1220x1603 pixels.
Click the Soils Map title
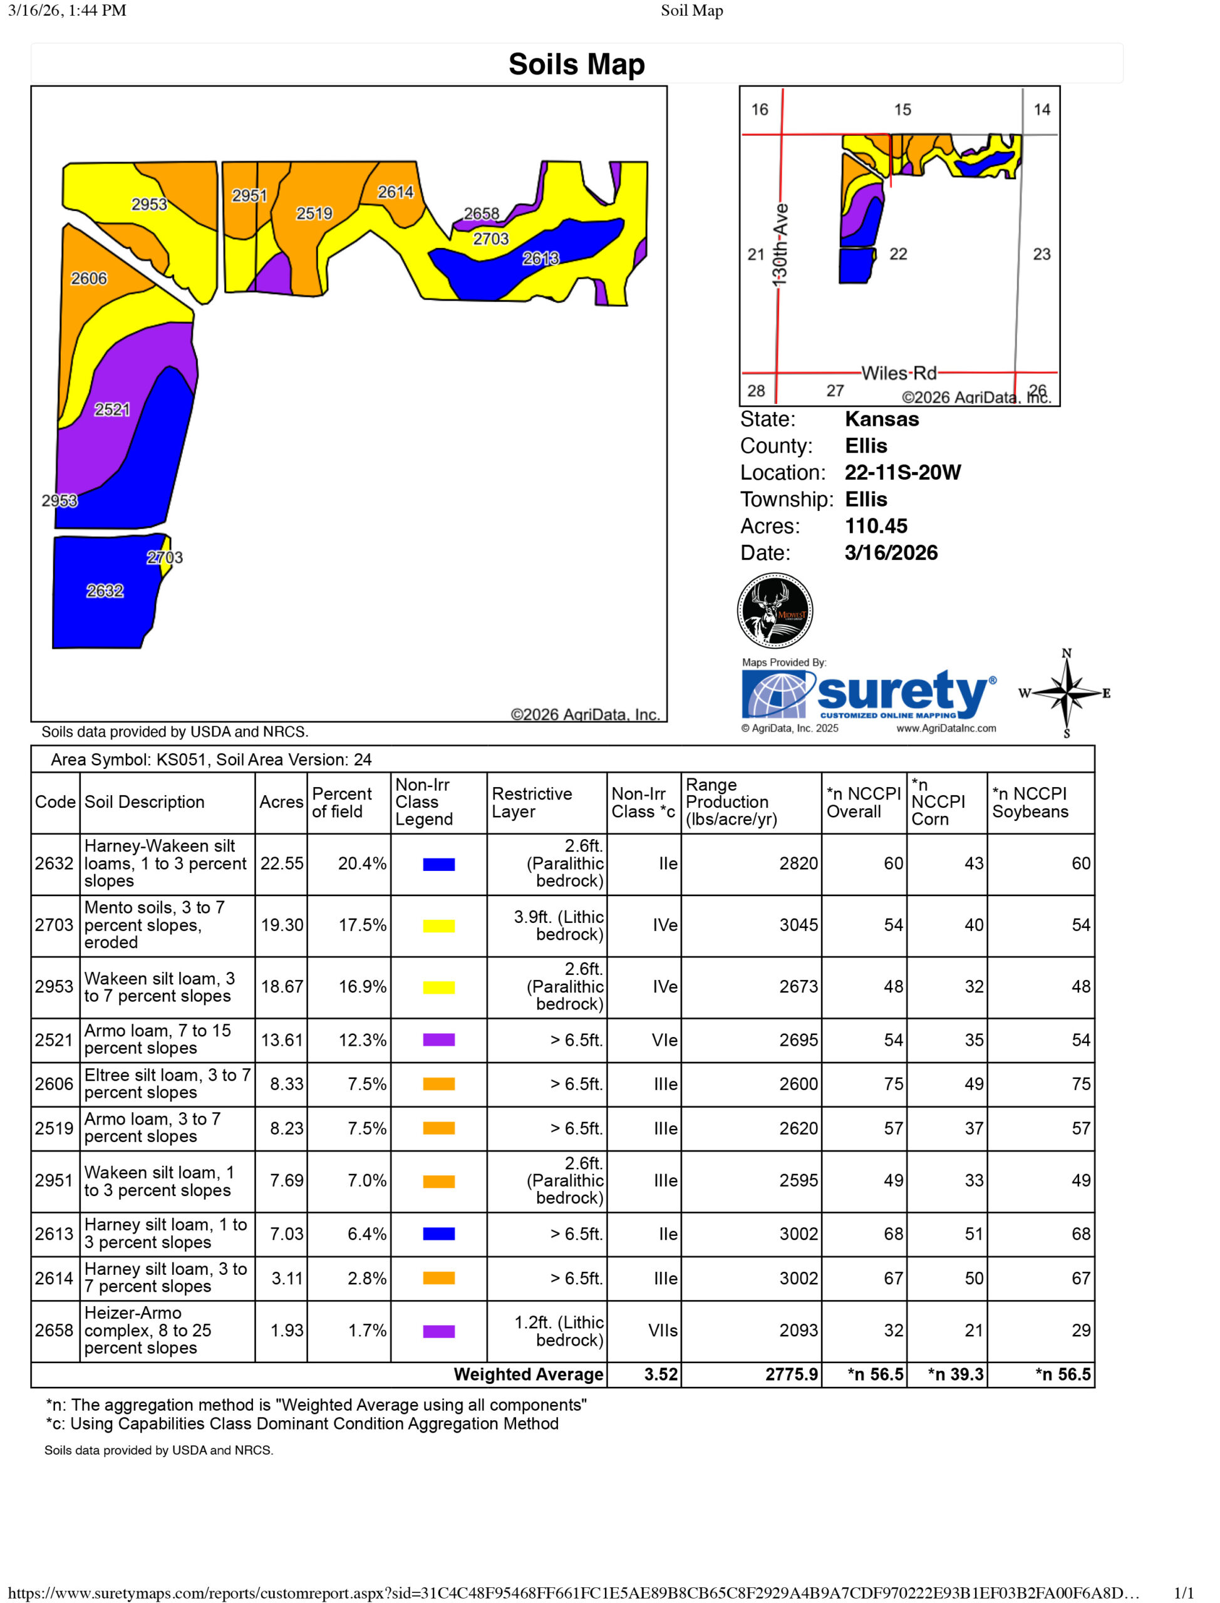(577, 64)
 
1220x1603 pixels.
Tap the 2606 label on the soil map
(88, 279)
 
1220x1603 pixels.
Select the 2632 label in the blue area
(105, 591)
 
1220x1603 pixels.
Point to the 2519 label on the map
(314, 214)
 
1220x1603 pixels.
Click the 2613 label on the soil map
(541, 259)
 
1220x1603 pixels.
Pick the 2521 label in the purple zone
(112, 410)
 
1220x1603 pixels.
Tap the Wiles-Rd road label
(899, 373)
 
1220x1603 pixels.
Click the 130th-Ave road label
(780, 245)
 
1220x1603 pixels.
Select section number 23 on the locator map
(1042, 254)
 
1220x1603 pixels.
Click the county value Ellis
(866, 446)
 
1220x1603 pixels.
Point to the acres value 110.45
(876, 525)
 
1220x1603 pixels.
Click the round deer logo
(775, 611)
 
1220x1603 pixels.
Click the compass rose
(1066, 693)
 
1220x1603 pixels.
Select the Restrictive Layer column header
(532, 802)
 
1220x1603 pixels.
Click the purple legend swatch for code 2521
(438, 1039)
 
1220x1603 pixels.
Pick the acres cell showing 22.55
(282, 863)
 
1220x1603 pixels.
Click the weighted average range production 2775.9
(791, 1374)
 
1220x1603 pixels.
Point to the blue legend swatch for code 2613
(438, 1234)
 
